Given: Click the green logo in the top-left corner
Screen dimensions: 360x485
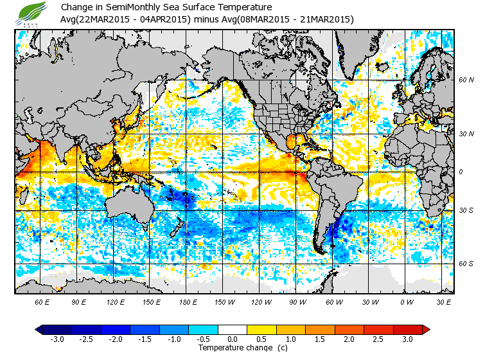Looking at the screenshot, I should tap(32, 13).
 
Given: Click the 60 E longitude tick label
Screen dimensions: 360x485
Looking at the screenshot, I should tap(42, 301).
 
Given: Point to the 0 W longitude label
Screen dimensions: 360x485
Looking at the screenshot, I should tap(406, 301).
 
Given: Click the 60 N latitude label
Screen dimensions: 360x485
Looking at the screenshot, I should tap(466, 80).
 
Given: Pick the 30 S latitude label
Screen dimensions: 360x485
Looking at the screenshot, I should tap(466, 210).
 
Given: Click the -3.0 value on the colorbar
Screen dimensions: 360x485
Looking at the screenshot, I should tap(57, 339).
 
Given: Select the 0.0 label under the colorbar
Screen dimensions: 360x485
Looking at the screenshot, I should tap(233, 339).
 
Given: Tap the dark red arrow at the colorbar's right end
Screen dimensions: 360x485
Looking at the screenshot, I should tap(425, 329).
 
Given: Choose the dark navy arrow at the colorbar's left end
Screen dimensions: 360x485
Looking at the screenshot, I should tap(39, 329).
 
